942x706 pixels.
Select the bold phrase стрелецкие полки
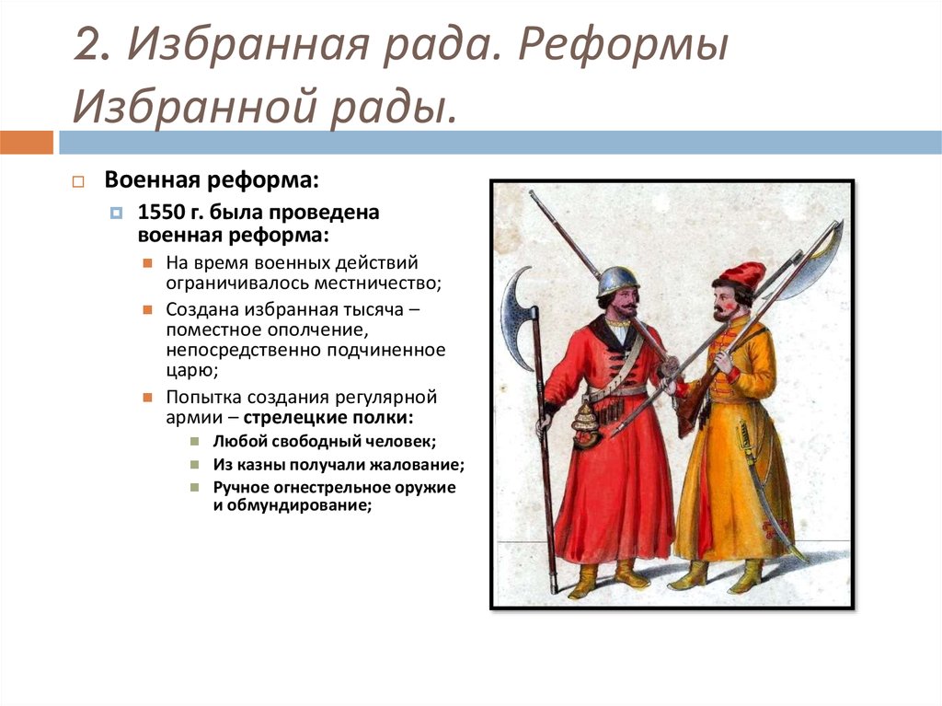coord(328,417)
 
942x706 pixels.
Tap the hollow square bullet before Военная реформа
coord(78,181)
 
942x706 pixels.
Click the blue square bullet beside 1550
coord(117,213)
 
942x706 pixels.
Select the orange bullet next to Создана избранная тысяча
coord(148,309)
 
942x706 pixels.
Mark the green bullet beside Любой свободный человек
coord(195,442)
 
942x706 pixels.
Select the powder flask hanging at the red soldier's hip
coord(585,425)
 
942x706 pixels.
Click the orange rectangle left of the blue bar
coord(27,143)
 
